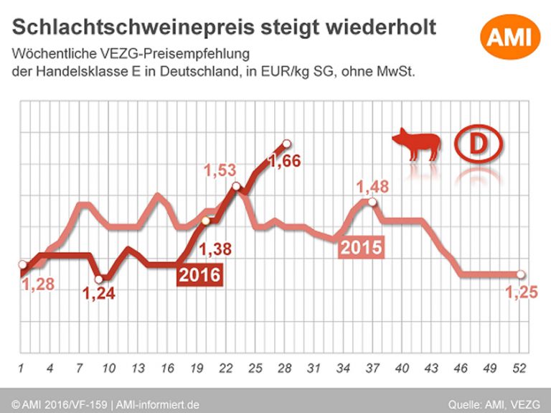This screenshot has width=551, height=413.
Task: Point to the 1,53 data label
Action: click(220, 172)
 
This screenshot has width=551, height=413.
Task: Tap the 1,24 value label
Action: click(99, 293)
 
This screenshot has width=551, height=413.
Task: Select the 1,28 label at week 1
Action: click(37, 284)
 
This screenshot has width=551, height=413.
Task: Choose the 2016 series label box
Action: click(199, 274)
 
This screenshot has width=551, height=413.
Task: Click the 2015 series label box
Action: click(360, 247)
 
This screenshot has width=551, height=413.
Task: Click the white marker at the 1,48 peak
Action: click(370, 203)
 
